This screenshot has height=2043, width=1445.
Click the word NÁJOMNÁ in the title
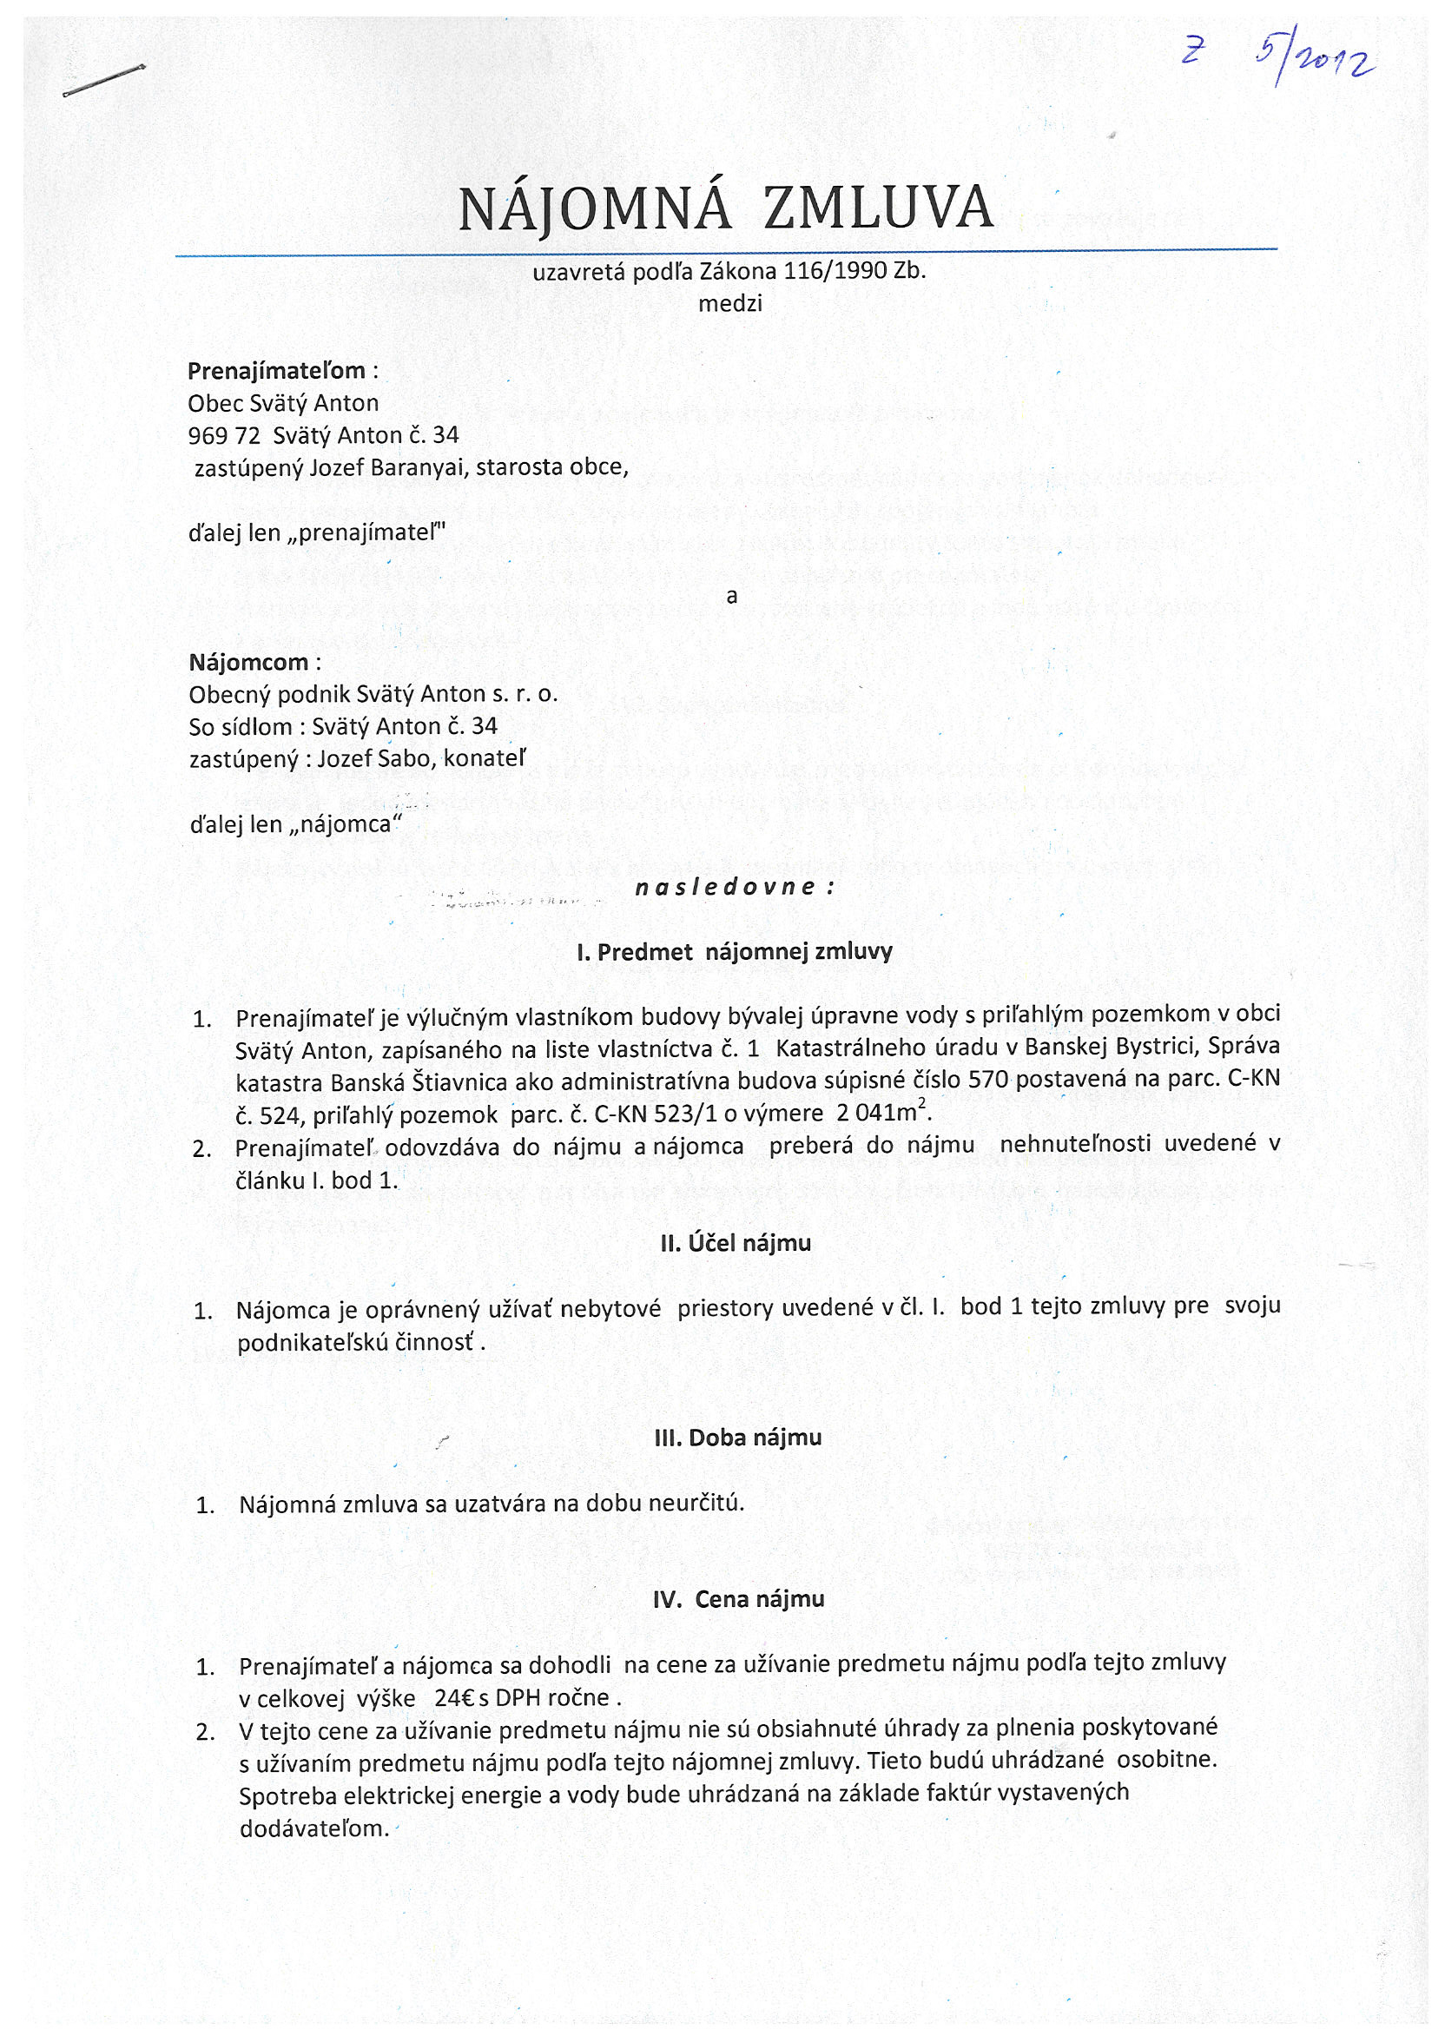point(594,208)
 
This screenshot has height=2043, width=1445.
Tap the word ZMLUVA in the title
point(878,208)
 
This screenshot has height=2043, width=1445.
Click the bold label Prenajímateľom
point(276,370)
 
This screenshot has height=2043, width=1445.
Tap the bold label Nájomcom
point(248,662)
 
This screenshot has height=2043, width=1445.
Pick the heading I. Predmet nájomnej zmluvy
point(734,952)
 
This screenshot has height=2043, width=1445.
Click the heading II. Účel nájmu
point(735,1243)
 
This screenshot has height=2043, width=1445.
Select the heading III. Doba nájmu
point(736,1437)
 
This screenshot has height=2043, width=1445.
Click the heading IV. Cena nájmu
point(737,1599)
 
